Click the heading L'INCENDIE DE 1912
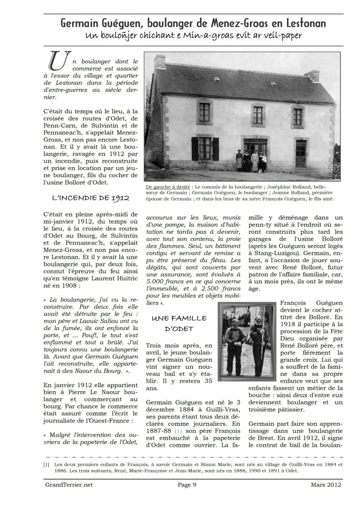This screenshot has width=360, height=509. (x=90, y=197)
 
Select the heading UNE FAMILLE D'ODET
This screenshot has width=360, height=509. (x=178, y=323)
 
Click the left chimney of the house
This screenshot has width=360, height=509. (x=160, y=62)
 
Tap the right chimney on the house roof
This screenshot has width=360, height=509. (x=312, y=76)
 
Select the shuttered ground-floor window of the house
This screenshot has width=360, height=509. (x=205, y=148)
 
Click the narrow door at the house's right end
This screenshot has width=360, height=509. (x=300, y=153)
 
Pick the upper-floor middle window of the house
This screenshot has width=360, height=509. (x=258, y=115)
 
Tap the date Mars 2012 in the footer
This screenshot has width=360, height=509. (x=325, y=484)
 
